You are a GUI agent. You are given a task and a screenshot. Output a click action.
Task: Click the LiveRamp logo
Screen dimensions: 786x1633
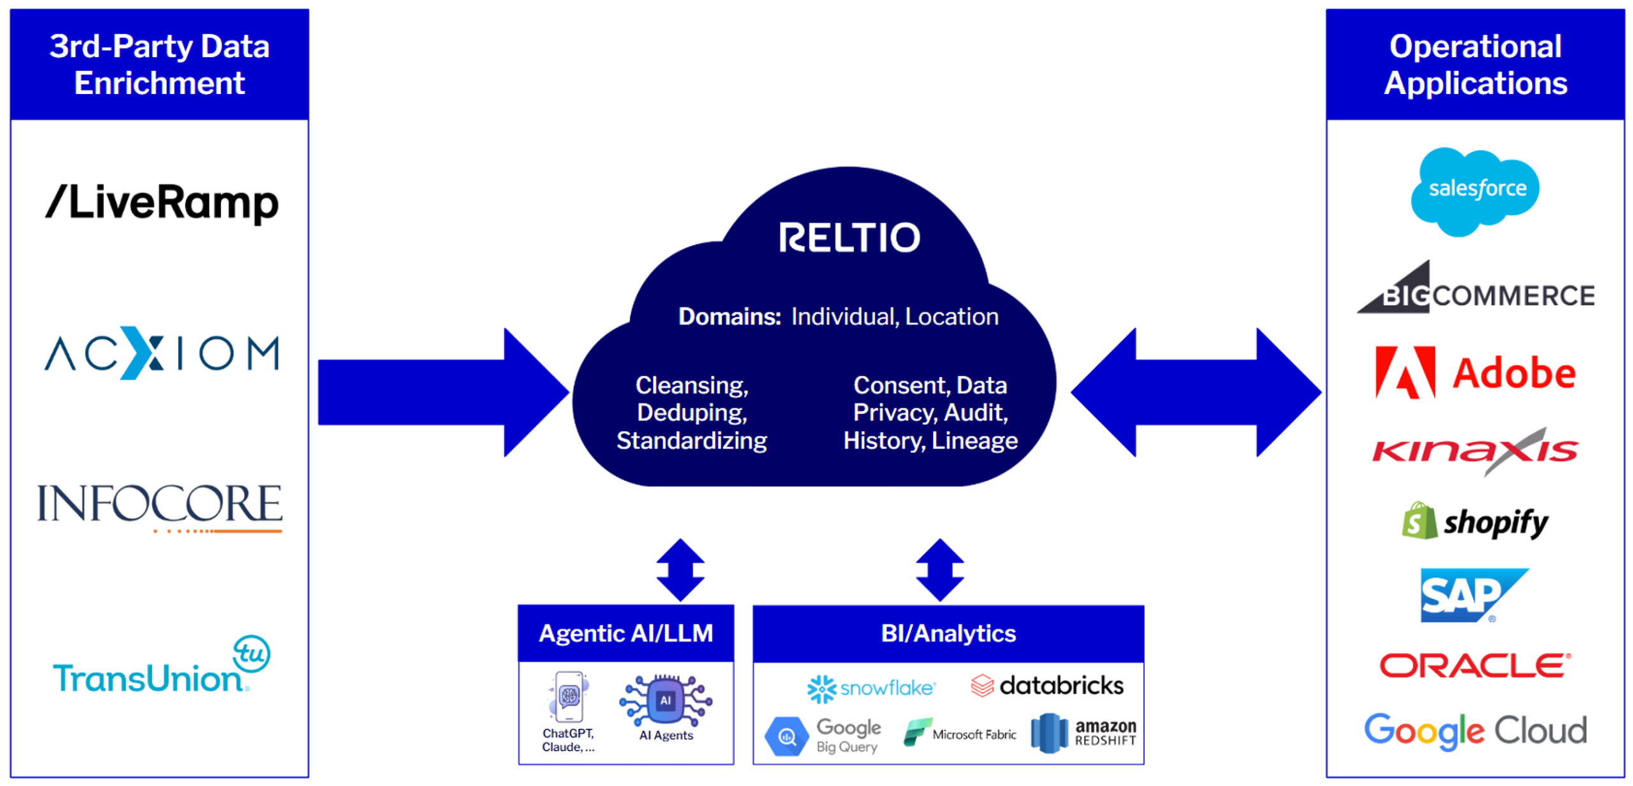(161, 203)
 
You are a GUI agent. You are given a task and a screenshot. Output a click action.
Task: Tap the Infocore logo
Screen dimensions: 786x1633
(159, 506)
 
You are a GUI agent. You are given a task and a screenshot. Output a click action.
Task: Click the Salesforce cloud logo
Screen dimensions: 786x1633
(1474, 190)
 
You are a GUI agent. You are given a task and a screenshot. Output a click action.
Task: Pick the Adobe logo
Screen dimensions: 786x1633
(1474, 372)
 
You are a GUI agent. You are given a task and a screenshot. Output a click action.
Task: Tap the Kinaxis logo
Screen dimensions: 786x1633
(1474, 451)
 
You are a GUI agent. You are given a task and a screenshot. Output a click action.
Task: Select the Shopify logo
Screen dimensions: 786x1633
(1474, 521)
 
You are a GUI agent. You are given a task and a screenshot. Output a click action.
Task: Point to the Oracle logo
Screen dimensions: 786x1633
(1474, 665)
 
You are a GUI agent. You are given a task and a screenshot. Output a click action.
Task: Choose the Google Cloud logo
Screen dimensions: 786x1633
(1474, 730)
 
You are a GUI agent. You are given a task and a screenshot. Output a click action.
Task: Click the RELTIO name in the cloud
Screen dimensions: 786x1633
(848, 238)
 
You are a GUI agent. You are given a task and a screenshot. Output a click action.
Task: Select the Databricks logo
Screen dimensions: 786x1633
(1046, 686)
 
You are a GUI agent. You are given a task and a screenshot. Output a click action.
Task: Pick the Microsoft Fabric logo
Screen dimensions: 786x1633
(959, 733)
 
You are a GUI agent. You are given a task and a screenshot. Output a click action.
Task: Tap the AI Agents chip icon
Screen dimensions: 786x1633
(665, 701)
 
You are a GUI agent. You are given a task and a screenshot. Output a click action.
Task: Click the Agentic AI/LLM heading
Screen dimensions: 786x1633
(625, 633)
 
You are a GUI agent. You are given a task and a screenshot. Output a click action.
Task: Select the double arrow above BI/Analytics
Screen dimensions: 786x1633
(939, 569)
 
